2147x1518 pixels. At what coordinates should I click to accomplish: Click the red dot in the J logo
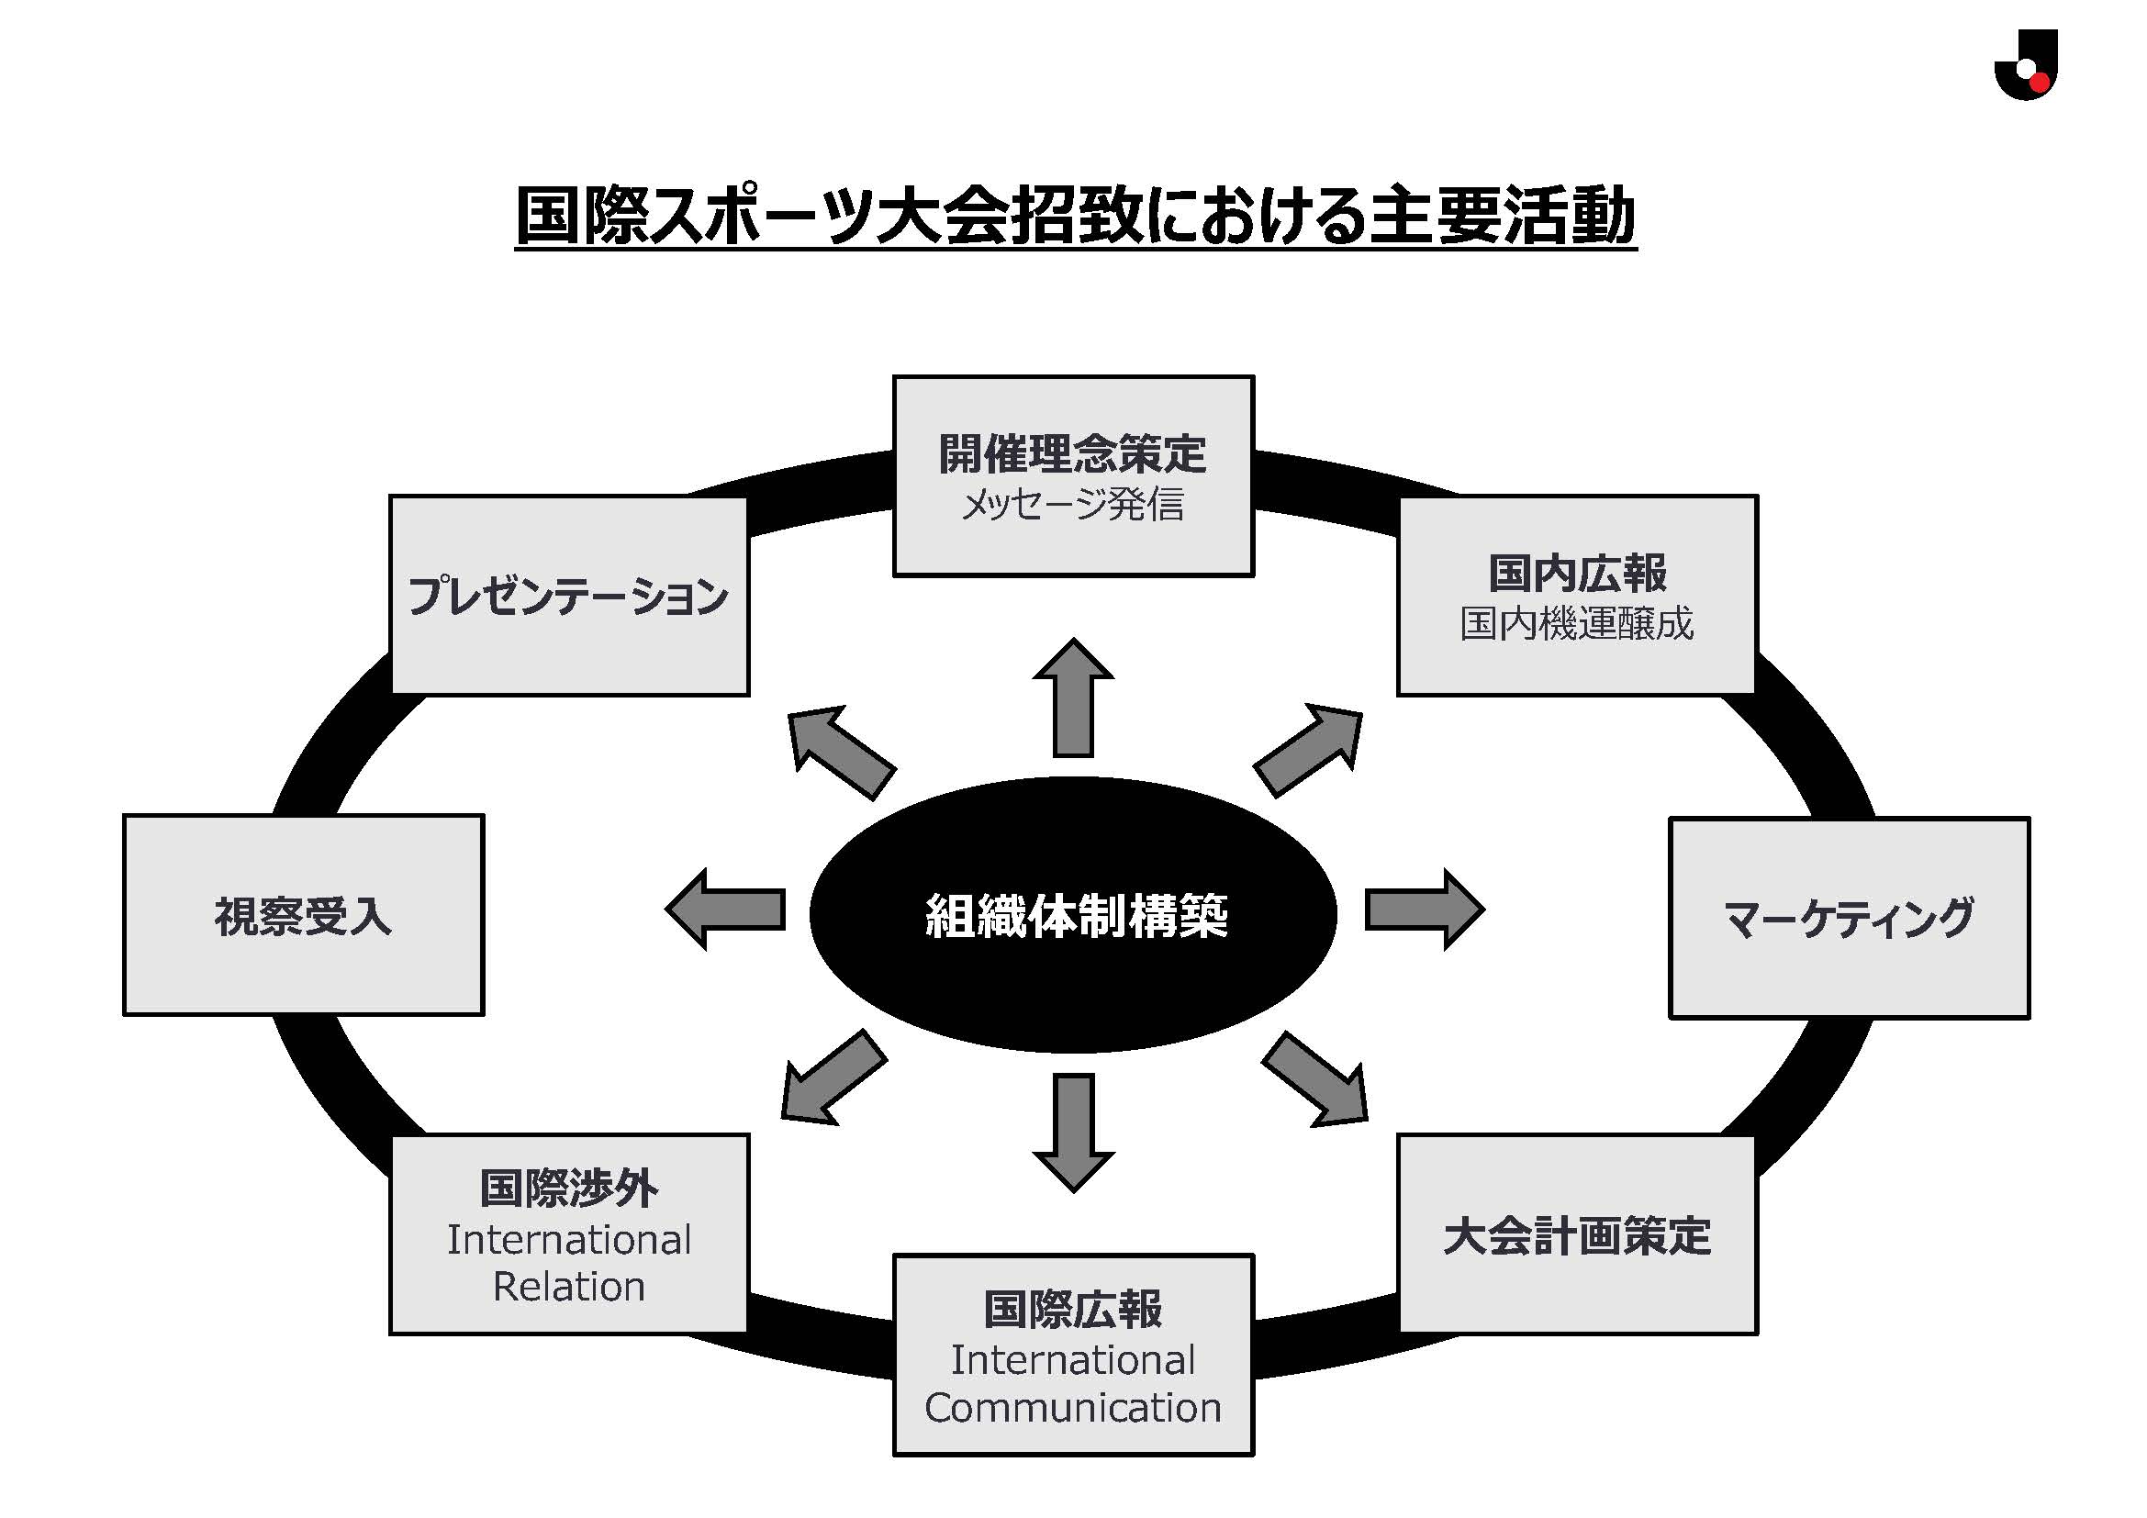[2040, 84]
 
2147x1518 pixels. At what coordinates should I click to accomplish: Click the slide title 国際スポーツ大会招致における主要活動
[1076, 217]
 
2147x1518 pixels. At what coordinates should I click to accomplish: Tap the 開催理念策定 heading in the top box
[1072, 454]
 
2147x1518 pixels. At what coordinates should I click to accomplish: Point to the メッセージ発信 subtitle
[1072, 505]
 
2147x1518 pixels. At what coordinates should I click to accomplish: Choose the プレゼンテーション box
[569, 596]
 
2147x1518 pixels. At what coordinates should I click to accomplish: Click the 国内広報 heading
[1578, 573]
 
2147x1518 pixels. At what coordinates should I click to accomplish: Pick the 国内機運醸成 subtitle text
[1578, 623]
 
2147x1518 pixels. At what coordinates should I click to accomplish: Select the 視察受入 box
[303, 915]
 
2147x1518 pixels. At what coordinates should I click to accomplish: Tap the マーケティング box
[1849, 918]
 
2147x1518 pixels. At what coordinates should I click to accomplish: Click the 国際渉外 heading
[568, 1189]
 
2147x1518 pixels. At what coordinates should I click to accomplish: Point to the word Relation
[568, 1287]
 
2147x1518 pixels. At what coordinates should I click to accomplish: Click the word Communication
[1072, 1408]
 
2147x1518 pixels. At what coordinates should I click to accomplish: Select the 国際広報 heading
[1072, 1310]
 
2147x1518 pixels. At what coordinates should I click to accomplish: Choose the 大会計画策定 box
[1578, 1235]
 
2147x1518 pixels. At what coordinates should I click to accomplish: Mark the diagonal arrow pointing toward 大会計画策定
[1316, 1080]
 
